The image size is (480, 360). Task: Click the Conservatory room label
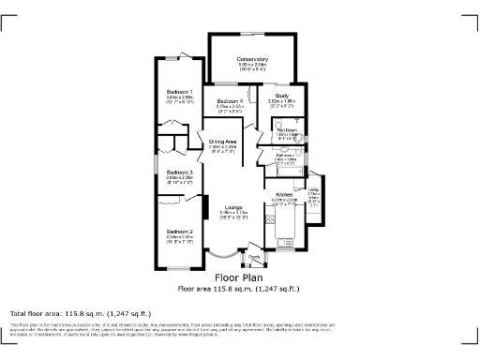click(253, 59)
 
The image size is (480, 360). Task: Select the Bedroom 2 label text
click(180, 232)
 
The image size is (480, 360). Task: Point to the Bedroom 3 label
click(180, 172)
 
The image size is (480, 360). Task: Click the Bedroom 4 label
click(230, 101)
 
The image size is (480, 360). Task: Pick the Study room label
click(281, 96)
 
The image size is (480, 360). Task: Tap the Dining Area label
click(224, 142)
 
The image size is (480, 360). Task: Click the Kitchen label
click(285, 195)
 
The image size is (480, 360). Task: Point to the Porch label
click(253, 255)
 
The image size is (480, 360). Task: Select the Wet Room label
click(286, 130)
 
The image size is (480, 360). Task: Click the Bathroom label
click(287, 155)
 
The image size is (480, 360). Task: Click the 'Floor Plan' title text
click(240, 277)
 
